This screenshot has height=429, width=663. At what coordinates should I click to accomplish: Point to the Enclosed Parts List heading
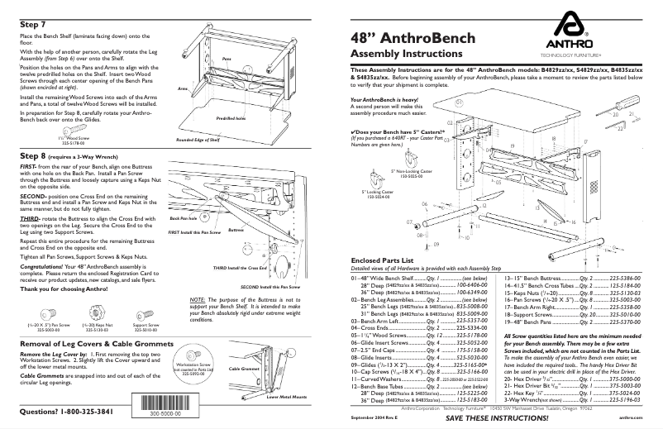point(382,260)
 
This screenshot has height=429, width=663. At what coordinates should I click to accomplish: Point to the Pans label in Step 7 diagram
point(226,60)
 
